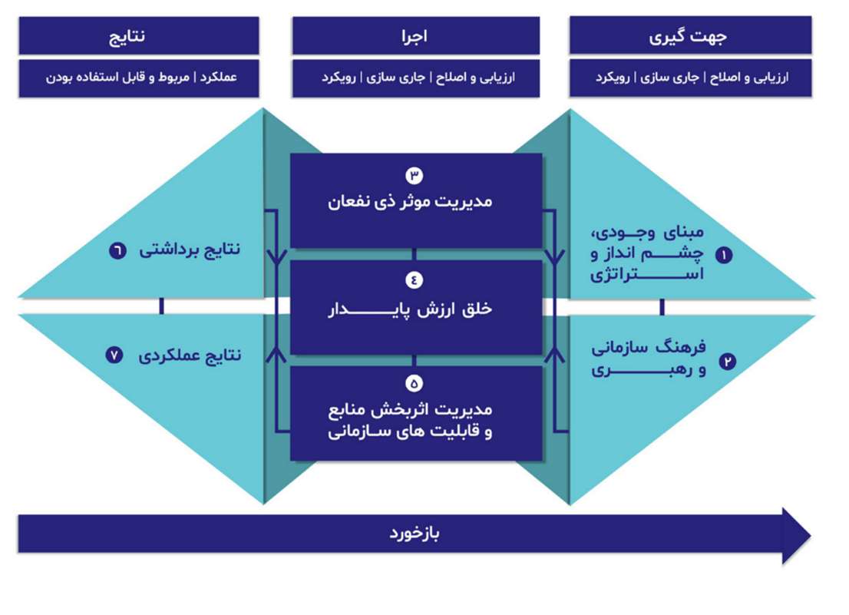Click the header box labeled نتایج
[x=139, y=35]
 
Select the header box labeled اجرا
[x=415, y=35]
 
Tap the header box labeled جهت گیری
[x=690, y=35]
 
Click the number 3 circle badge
[x=415, y=175]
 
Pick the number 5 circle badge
[x=415, y=382]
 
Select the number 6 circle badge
[x=117, y=250]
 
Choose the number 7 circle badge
[x=117, y=355]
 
